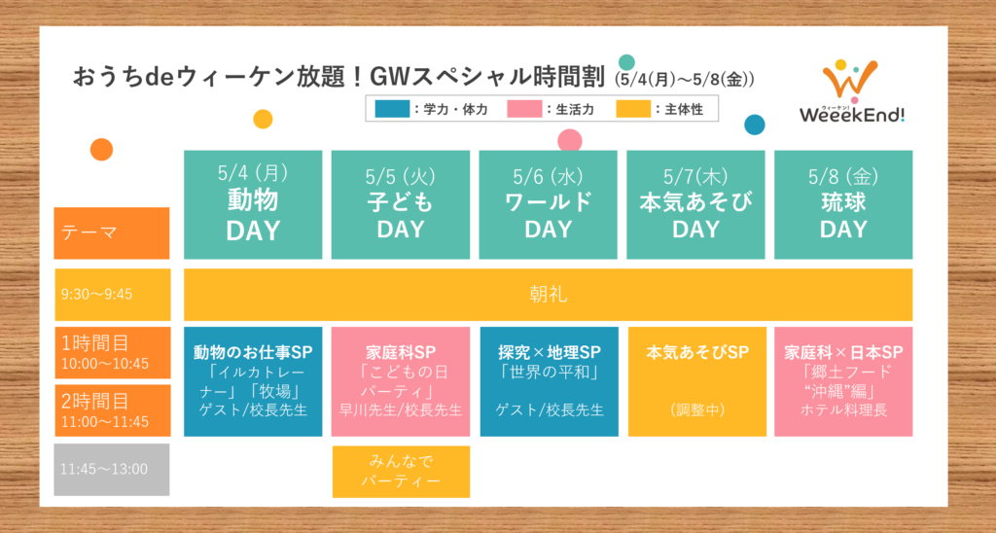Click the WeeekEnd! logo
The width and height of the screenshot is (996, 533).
[x=851, y=91]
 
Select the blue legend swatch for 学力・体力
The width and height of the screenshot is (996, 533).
[x=392, y=109]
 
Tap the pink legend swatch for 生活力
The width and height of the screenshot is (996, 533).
[x=524, y=109]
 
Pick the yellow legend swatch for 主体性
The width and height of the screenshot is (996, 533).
[x=633, y=109]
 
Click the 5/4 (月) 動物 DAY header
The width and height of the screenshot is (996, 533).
[x=253, y=204]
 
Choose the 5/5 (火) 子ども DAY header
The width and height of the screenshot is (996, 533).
[x=401, y=204]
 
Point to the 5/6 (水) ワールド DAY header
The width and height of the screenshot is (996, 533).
[x=549, y=204]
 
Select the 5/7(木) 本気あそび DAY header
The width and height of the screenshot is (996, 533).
[x=696, y=204]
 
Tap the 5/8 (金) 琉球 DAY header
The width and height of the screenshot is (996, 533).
[x=843, y=204]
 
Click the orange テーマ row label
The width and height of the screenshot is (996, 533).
[x=112, y=233]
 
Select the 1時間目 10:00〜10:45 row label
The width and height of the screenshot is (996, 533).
[x=113, y=353]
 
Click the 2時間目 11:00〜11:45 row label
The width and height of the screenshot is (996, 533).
[x=113, y=410]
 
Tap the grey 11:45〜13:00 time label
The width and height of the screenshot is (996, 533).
[x=112, y=470]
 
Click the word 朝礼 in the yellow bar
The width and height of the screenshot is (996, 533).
[x=549, y=294]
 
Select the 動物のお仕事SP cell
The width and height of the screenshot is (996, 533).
[x=253, y=382]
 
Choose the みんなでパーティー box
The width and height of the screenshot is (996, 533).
[x=401, y=472]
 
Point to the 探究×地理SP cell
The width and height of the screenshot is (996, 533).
[x=549, y=382]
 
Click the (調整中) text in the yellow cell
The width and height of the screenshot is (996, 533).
[x=697, y=410]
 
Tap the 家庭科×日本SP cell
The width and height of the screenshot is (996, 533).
[x=843, y=382]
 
